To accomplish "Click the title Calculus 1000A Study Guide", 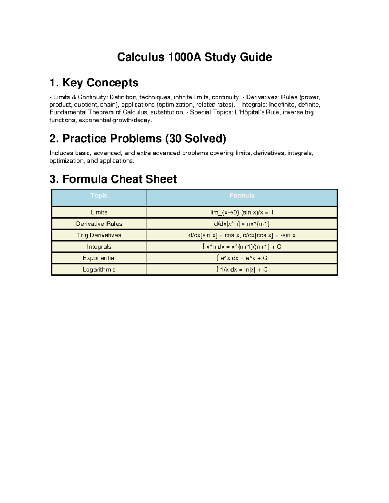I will (194, 57).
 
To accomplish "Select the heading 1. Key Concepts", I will (94, 83).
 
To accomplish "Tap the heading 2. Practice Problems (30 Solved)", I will (138, 138).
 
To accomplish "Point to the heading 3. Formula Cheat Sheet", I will (113, 179).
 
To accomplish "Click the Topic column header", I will (99, 195).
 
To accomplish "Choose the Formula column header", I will (242, 195).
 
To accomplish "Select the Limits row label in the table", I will (99, 212).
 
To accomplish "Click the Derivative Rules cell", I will (99, 224).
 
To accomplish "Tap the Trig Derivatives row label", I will (99, 235).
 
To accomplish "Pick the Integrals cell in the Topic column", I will (99, 247).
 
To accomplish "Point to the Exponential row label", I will (99, 258).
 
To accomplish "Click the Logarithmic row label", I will (99, 269).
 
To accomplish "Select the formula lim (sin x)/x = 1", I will (242, 212).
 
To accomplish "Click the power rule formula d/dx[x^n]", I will (242, 224).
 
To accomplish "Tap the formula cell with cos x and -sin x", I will (242, 235).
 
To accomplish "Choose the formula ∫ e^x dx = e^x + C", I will (242, 258).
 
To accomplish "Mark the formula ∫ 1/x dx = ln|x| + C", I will (242, 269).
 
